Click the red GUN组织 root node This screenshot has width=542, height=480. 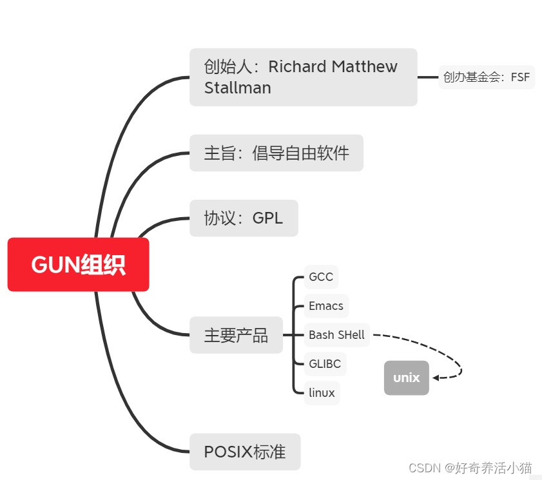coord(78,265)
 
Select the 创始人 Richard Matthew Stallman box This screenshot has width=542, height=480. coord(303,77)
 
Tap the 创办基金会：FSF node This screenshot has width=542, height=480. coord(487,77)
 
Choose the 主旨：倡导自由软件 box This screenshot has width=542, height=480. coord(276,153)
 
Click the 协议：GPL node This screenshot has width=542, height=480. coord(244,218)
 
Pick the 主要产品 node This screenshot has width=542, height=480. coord(236,335)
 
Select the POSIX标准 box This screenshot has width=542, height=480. coord(245,452)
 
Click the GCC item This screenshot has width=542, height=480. coord(321,277)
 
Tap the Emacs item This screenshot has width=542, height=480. coord(326,306)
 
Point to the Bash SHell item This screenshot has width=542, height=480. coord(336,335)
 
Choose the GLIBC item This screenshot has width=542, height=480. coord(325,364)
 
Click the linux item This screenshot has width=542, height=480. coord(322,392)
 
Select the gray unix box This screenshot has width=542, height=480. coord(406,378)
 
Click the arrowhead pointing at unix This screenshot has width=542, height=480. coord(436,378)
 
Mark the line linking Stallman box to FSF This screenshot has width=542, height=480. coord(428,77)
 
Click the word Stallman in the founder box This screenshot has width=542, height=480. coord(237,88)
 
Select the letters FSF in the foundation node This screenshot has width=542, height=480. coord(520,77)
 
